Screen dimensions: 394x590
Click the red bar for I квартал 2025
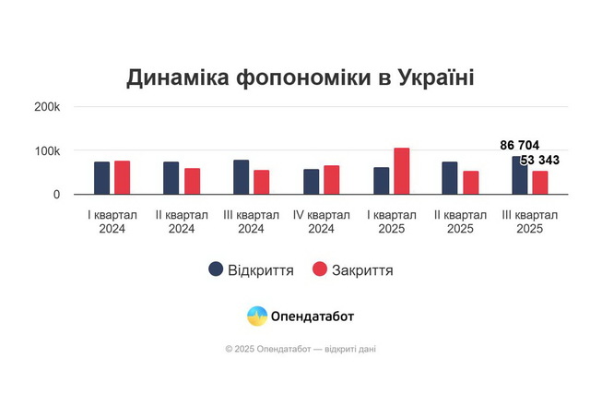coord(401,172)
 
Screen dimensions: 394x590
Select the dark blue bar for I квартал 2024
coord(101,178)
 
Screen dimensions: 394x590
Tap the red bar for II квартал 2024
coord(192,182)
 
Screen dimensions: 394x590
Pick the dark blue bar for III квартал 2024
coord(242,177)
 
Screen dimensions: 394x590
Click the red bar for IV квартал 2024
coord(331,180)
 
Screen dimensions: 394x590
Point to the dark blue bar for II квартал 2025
coord(450,178)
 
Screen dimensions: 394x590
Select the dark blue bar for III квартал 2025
coord(520,175)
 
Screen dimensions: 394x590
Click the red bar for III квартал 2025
coord(540,183)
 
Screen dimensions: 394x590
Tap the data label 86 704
coord(520,146)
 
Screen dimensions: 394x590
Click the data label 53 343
coord(540,161)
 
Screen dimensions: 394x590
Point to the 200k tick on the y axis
coord(47,107)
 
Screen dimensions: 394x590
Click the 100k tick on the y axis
coord(47,150)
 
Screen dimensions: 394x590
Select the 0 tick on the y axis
coord(55,195)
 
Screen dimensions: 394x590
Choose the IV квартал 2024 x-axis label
coord(321,221)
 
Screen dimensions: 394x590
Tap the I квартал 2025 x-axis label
coord(391,221)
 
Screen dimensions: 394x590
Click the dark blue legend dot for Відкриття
coord(216,269)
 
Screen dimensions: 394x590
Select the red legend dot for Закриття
coord(320,269)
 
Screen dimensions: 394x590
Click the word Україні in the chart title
coord(433,78)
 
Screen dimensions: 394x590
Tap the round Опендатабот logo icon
coord(257,316)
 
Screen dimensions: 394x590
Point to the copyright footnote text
coord(301,349)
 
